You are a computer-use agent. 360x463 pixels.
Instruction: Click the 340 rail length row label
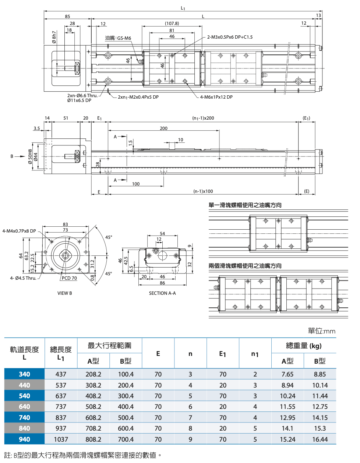click(x=24, y=374)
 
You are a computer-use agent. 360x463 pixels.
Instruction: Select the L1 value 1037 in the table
click(x=61, y=439)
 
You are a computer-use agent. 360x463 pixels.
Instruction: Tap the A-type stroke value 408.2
click(x=93, y=396)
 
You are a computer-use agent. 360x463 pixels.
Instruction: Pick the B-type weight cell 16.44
click(x=320, y=439)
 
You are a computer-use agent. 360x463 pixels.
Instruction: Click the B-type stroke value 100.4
click(x=126, y=374)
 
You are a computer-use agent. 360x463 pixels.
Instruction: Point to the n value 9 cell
click(x=190, y=439)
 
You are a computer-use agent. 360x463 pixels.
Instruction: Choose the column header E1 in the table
click(x=223, y=354)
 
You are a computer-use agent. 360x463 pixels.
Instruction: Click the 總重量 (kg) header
click(x=304, y=346)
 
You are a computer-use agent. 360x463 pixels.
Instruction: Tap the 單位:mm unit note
click(x=321, y=331)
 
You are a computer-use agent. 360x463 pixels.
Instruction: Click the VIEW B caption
click(x=64, y=293)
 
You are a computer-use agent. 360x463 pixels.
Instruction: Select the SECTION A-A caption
click(x=162, y=293)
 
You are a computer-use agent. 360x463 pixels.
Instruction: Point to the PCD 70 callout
click(x=69, y=278)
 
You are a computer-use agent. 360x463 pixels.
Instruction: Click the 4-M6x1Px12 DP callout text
click(x=216, y=97)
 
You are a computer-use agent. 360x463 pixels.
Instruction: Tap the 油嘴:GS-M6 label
click(x=118, y=38)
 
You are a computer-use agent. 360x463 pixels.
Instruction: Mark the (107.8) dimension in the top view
click(x=172, y=24)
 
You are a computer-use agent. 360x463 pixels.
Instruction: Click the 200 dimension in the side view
click(x=163, y=128)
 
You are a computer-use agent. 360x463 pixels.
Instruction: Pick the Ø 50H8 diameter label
click(x=30, y=156)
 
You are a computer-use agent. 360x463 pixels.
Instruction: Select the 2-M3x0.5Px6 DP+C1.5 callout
click(x=230, y=37)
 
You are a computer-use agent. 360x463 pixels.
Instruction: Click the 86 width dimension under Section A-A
click(x=162, y=283)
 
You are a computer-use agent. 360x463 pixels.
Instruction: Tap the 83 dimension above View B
click(x=65, y=224)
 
